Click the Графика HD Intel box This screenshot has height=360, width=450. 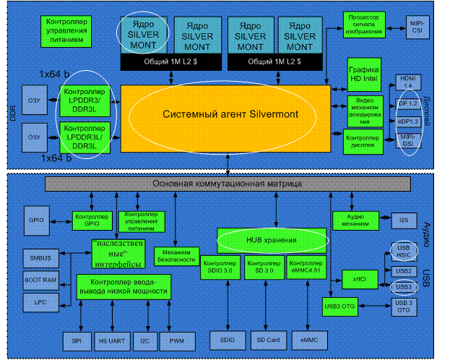point(363,72)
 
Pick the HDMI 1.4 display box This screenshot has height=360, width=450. point(408,82)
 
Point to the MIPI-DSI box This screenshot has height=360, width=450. point(408,143)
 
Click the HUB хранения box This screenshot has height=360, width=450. point(272,239)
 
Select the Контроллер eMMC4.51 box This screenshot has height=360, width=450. point(306,267)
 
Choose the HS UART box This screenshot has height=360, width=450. point(110,338)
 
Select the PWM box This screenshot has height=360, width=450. point(176,338)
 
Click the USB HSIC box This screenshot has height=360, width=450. point(404,252)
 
